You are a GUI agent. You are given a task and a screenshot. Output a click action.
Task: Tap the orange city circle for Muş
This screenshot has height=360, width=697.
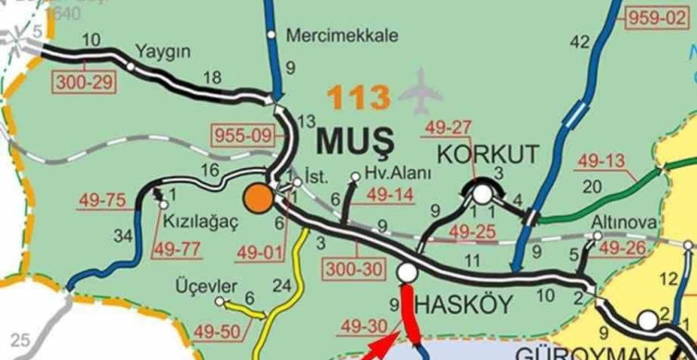coord(258,198)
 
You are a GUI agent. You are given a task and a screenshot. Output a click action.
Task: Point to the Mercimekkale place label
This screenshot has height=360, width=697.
coord(342,36)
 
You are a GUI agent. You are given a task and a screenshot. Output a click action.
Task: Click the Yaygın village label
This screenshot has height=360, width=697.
coord(162,50)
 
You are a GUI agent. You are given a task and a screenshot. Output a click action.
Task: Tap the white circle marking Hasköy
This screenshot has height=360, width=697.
coord(406,272)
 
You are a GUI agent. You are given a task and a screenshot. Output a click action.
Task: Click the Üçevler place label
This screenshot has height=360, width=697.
coord(206,286)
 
